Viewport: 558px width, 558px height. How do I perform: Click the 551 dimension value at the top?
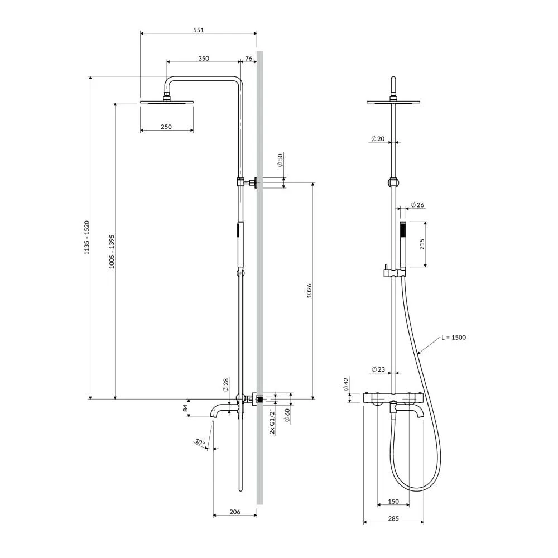(199, 30)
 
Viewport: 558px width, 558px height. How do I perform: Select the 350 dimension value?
(204, 59)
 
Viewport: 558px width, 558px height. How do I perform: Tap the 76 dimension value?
(249, 59)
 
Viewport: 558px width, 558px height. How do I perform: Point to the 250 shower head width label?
(166, 127)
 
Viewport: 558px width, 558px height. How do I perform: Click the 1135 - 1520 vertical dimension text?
(87, 238)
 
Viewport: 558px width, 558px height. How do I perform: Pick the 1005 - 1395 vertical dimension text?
(112, 251)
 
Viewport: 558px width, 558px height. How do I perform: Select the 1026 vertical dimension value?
(309, 290)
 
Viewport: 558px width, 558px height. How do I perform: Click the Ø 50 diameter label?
(280, 160)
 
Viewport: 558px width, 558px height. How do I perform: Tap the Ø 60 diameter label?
(287, 415)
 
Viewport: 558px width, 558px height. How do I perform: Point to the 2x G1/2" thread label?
(272, 422)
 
